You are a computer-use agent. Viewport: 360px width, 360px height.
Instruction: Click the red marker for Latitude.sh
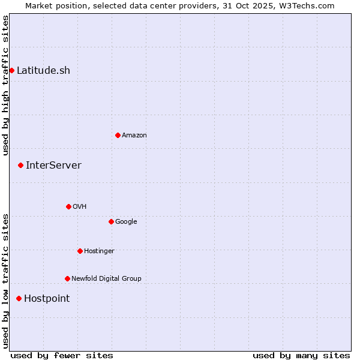[x=11, y=71]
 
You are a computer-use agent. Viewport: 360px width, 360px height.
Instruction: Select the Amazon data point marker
[x=118, y=136]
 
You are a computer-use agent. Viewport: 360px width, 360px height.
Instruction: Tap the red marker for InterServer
[x=20, y=165]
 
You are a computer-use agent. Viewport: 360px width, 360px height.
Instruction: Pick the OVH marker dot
[x=68, y=207]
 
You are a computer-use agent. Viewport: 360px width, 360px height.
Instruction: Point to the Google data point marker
[x=111, y=222]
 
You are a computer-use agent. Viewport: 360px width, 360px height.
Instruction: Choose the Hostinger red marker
[x=80, y=251]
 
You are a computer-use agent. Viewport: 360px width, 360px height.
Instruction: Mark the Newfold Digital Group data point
[x=67, y=279]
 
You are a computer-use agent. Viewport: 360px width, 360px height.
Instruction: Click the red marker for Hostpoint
[x=19, y=299]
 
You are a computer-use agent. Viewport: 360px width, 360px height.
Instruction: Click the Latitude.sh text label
[x=43, y=71]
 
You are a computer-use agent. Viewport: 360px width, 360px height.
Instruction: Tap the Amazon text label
[x=134, y=136]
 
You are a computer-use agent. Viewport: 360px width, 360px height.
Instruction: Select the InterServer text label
[x=53, y=166]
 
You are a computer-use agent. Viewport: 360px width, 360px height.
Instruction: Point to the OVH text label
[x=80, y=207]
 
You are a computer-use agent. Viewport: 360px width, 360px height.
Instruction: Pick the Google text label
[x=126, y=222]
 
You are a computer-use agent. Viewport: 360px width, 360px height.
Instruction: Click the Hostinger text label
[x=99, y=251]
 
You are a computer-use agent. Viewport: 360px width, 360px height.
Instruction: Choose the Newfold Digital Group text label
[x=106, y=279]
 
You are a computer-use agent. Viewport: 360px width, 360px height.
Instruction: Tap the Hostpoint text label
[x=47, y=299]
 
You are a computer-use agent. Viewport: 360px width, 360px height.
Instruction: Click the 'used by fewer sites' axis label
[x=62, y=356]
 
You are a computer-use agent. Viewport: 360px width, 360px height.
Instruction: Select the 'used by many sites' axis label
[x=301, y=356]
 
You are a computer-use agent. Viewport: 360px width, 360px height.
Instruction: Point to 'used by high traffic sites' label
[x=5, y=85]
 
